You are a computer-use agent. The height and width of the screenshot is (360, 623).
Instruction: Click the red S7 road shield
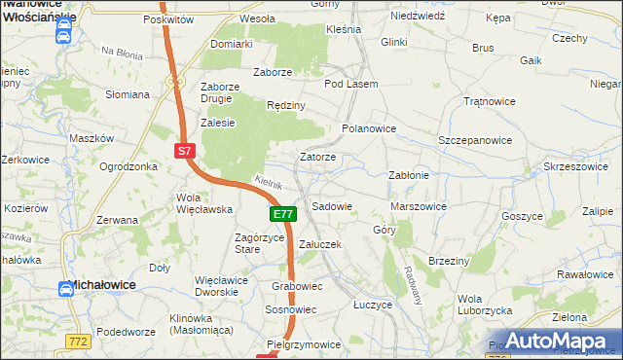(187, 151)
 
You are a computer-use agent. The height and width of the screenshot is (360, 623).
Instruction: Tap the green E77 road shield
(281, 214)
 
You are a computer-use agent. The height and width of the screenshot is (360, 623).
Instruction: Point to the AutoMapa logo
(553, 340)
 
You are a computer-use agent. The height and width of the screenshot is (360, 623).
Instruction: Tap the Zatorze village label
(317, 157)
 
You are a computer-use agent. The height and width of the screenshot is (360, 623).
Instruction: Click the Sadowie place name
(331, 206)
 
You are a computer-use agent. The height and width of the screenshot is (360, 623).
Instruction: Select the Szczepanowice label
(475, 140)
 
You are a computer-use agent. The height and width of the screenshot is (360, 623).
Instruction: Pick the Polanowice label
(369, 128)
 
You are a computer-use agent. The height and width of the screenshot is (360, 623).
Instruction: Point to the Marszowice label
(418, 206)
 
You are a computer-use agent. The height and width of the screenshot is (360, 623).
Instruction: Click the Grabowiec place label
(297, 287)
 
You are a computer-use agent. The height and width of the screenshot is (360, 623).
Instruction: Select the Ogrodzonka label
(128, 166)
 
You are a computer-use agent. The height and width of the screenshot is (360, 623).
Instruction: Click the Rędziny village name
(286, 105)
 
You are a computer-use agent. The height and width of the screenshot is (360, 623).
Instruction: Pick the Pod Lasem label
(350, 84)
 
